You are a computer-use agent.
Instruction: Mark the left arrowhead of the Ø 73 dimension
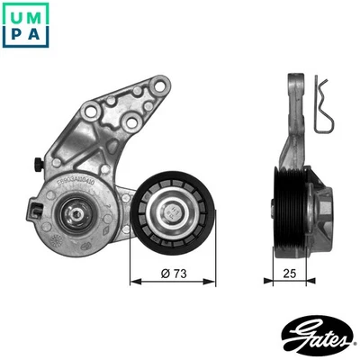135,281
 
